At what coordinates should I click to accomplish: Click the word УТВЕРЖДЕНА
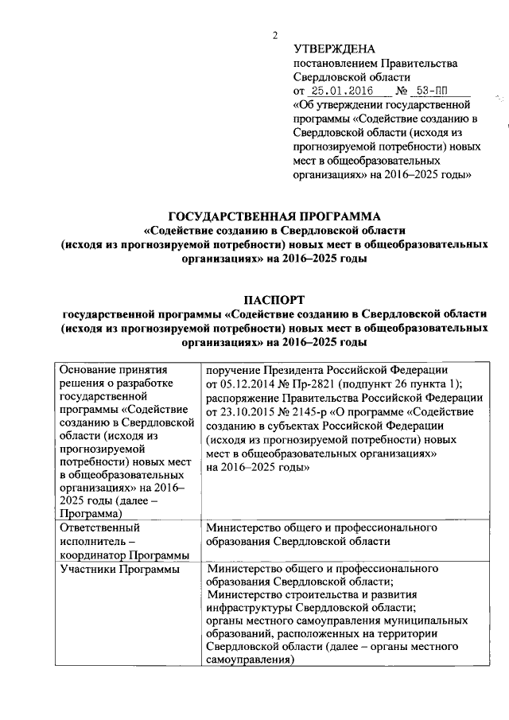point(328,49)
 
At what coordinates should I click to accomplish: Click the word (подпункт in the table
point(383,384)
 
